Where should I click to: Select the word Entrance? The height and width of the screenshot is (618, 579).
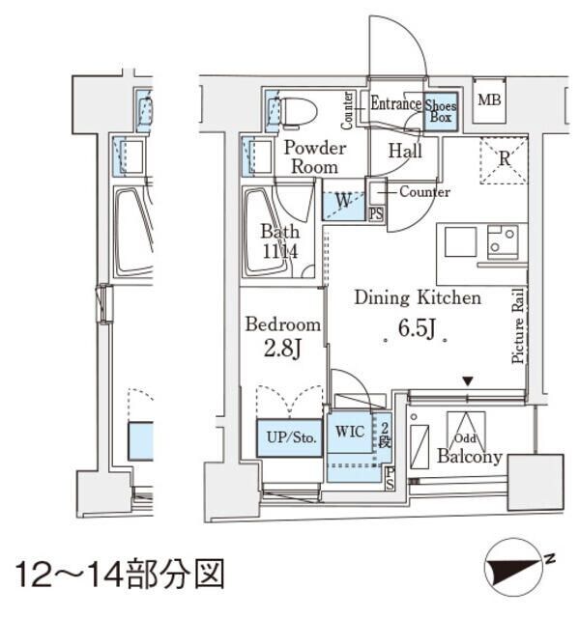pos(396,104)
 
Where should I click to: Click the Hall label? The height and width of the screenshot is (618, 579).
pos(404,151)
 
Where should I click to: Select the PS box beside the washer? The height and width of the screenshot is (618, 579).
pos(376,214)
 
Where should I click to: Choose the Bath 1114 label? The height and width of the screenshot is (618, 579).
pos(279,241)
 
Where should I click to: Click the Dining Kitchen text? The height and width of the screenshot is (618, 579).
pos(417,298)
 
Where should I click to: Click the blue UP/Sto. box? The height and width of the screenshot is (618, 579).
pos(288,437)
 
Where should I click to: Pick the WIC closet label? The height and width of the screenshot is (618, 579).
pos(350,431)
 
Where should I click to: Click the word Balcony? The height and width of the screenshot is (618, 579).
pos(469,457)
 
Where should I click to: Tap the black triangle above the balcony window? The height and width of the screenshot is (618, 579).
pos(468,383)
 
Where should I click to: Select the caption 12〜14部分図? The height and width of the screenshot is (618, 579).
pos(119,574)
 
